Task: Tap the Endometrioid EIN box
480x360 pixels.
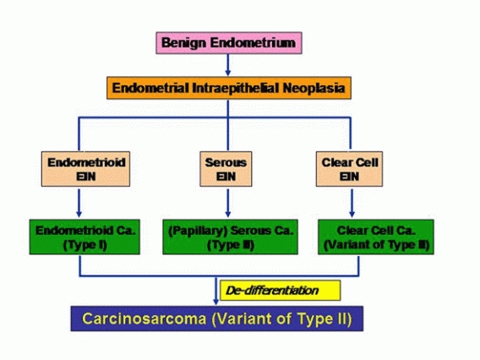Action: [x=78, y=166]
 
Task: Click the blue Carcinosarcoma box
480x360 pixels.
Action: [x=222, y=319]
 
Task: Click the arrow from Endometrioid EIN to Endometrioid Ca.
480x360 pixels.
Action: [x=78, y=203]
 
